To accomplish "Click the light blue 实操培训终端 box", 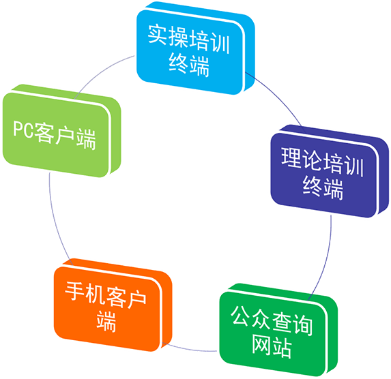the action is (x=195, y=48).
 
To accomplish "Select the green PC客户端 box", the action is (x=62, y=131).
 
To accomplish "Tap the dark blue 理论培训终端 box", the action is (x=330, y=171).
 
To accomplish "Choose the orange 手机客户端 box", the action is (x=113, y=305).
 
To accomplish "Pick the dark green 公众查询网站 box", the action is (x=278, y=330).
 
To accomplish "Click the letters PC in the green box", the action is (x=23, y=129).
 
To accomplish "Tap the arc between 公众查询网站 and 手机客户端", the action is (x=190, y=350).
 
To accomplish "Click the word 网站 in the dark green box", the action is (x=272, y=346).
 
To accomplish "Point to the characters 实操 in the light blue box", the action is (x=168, y=36).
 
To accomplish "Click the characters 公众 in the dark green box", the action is (x=251, y=317).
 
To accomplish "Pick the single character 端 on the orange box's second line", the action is (x=106, y=321).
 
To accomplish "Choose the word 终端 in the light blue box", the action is (x=189, y=65).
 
